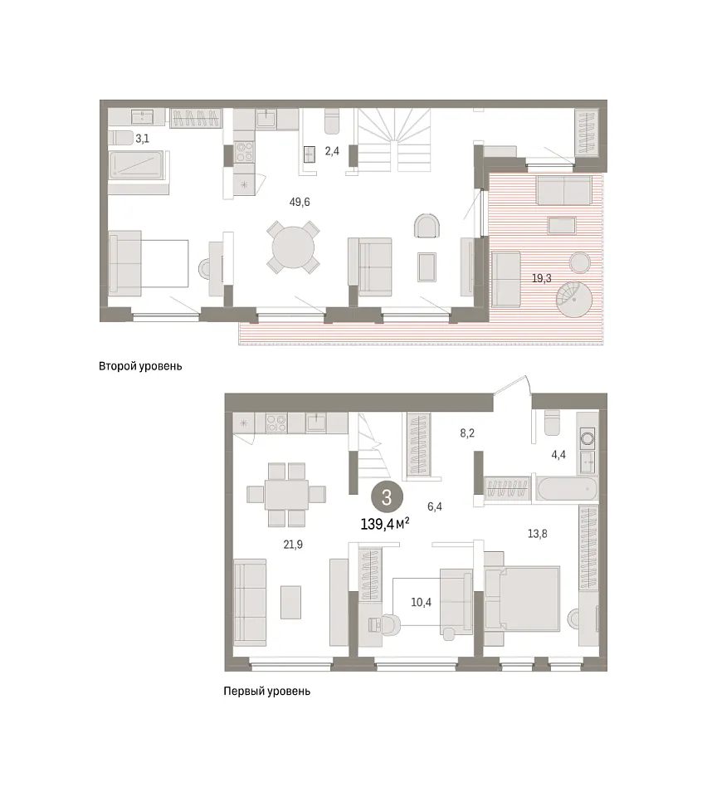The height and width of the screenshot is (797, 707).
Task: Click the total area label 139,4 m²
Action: tap(384, 524)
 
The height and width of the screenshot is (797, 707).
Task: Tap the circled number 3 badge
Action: tap(387, 497)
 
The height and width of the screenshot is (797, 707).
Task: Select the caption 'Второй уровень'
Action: tap(140, 366)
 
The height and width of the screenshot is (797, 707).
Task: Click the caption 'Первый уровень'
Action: tap(266, 692)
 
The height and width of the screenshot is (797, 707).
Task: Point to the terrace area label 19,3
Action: tap(541, 279)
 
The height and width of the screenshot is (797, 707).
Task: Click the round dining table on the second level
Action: tap(293, 247)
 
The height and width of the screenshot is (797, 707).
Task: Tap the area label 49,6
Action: tap(300, 202)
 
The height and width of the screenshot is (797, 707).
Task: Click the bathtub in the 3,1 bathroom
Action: tap(136, 165)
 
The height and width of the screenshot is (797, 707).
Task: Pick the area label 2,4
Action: tap(332, 151)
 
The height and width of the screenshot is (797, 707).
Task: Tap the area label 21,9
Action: tap(293, 545)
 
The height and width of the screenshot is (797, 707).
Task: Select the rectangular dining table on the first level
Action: tap(286, 495)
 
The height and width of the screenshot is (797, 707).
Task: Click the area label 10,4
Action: tap(421, 603)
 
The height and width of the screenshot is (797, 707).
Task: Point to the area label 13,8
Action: tap(538, 534)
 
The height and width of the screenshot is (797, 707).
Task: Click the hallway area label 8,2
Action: tap(467, 433)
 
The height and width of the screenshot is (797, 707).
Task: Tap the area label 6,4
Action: tap(435, 506)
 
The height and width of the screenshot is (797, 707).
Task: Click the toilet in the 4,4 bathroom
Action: tap(552, 422)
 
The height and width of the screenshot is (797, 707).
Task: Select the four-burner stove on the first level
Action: tap(277, 423)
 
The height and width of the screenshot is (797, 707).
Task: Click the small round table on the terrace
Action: tap(579, 262)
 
